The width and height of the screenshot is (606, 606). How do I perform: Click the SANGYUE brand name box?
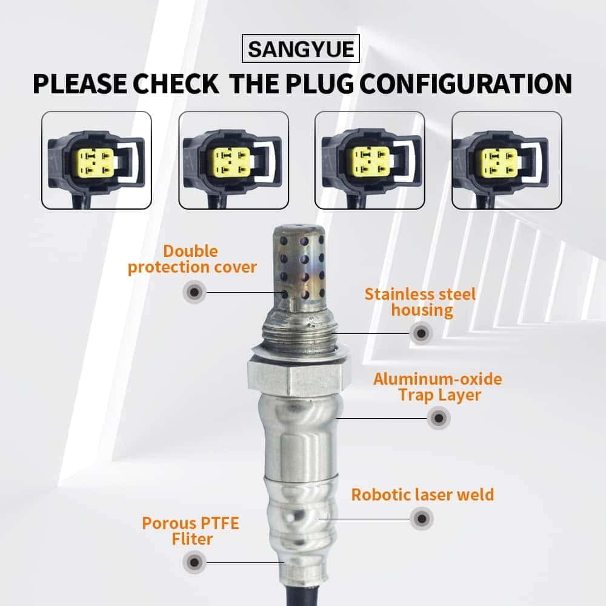click(x=301, y=49)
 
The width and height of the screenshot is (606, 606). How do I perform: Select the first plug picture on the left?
click(x=96, y=161)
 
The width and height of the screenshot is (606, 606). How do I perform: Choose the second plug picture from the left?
click(x=233, y=161)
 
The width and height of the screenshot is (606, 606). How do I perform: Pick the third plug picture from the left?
click(x=370, y=161)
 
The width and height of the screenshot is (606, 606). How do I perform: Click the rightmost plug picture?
click(x=507, y=161)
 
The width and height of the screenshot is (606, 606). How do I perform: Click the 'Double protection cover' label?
click(x=192, y=259)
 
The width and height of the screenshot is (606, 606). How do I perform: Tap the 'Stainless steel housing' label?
click(x=421, y=302)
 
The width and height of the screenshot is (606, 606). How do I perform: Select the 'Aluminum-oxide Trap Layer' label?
click(x=438, y=387)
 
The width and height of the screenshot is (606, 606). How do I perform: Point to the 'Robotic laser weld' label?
click(x=422, y=494)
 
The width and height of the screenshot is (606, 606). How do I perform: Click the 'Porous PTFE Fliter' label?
click(x=190, y=530)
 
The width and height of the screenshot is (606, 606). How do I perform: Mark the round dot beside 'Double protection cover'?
click(x=194, y=292)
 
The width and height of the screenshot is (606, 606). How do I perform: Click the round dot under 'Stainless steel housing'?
click(x=420, y=332)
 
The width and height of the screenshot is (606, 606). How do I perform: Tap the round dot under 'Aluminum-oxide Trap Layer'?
click(x=438, y=418)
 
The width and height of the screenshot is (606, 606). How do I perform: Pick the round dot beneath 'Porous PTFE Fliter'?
click(x=194, y=562)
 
